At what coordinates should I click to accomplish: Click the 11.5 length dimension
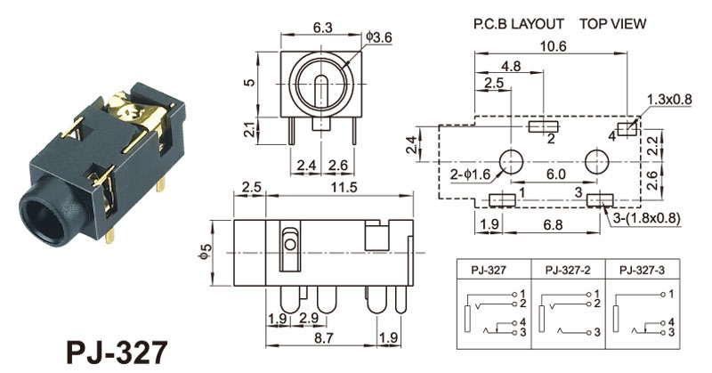click(330, 188)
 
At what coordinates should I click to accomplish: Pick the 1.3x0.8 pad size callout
click(668, 99)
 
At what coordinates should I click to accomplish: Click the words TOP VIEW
click(613, 24)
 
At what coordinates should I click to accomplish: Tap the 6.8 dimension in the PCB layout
click(553, 225)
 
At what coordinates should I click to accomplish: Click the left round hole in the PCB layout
click(511, 161)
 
